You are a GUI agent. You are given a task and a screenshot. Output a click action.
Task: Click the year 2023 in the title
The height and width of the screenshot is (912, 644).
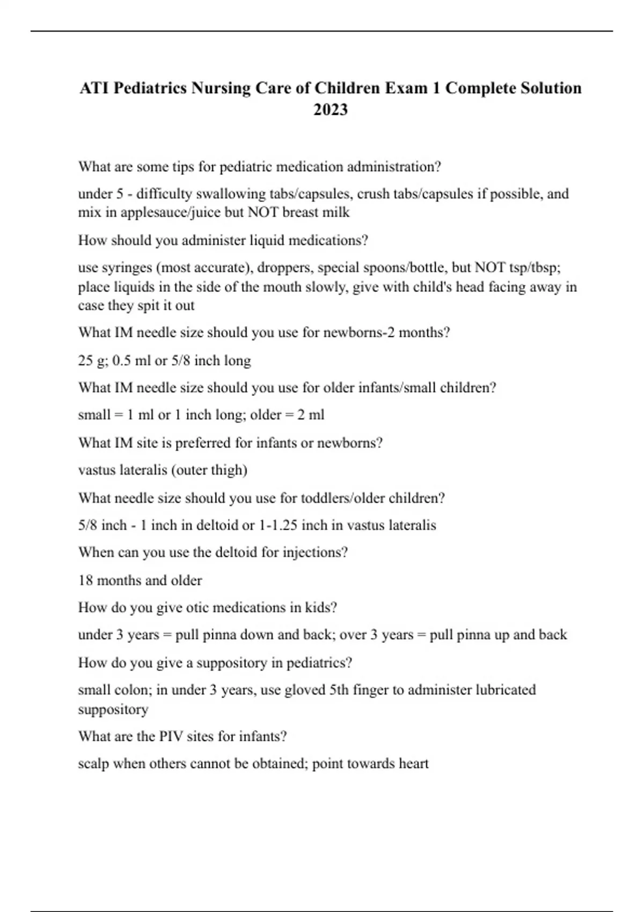tap(331, 109)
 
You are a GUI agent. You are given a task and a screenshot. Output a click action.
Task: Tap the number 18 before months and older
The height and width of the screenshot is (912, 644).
tap(85, 580)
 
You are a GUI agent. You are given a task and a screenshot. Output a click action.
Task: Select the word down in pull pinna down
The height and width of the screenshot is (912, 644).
tap(257, 635)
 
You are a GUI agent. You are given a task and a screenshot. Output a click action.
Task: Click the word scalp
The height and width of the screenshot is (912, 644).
tap(93, 764)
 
